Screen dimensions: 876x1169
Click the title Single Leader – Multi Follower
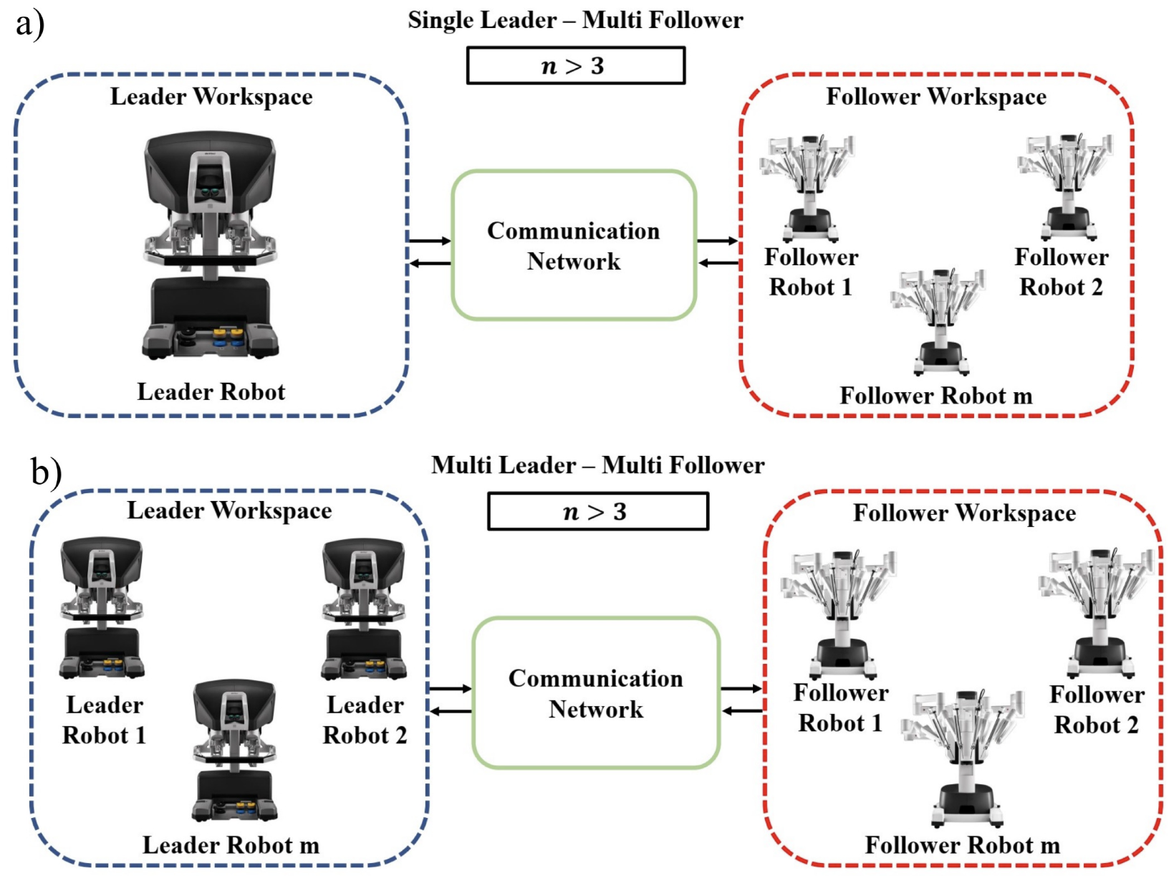pos(575,20)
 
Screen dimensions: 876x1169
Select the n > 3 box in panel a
pos(575,66)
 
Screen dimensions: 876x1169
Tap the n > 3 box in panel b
pos(597,511)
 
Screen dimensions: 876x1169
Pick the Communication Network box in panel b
pos(595,693)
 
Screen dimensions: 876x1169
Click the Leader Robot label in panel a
pos(211,392)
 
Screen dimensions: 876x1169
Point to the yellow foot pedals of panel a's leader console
pos(227,333)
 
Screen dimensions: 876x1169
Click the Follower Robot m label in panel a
pos(935,396)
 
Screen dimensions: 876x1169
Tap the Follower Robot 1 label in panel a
pos(810,272)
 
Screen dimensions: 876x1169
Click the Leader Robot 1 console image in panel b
pos(102,608)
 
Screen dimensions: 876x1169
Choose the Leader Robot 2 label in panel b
pos(365,720)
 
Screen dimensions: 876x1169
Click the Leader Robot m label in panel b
pos(231,845)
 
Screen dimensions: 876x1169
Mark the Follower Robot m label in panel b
pos(962,845)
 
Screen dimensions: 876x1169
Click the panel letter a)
pos(29,23)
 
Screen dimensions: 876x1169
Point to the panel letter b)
pos(46,472)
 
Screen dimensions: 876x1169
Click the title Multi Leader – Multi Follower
pos(597,465)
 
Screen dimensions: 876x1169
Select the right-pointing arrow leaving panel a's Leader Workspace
pos(430,241)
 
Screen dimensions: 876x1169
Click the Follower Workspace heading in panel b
pos(963,513)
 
